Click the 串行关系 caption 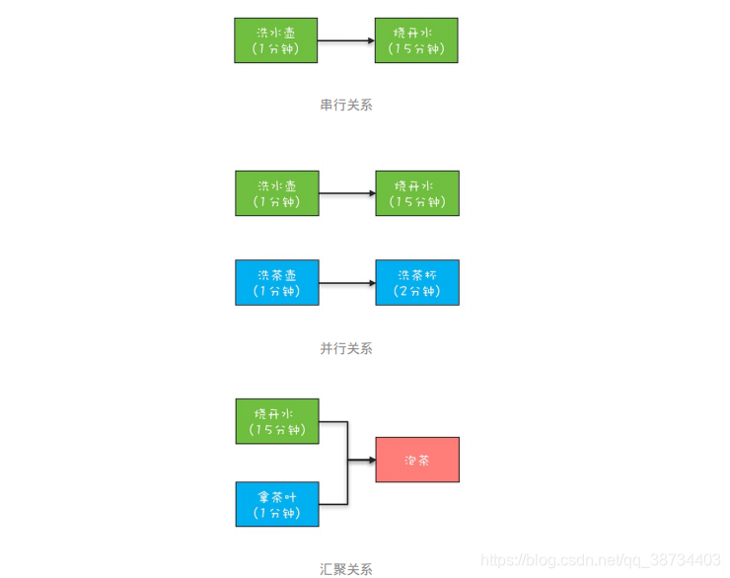tap(346, 105)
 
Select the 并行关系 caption tap(346, 348)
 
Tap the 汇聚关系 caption tap(346, 568)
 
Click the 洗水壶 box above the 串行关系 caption tap(276, 40)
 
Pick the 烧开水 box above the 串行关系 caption tap(416, 40)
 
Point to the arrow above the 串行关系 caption tap(346, 40)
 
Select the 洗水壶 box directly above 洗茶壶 tap(277, 193)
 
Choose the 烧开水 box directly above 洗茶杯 tap(417, 193)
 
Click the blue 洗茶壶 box tap(277, 282)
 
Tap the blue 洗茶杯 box tap(417, 282)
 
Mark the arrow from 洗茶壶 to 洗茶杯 tap(347, 282)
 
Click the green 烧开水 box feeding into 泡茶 tap(277, 421)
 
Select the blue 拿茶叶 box tap(277, 504)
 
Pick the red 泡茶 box tap(417, 460)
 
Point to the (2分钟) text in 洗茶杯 tap(417, 291)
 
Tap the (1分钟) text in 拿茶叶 tap(277, 513)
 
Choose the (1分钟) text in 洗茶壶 tap(277, 291)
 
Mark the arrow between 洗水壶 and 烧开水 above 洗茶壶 tap(347, 193)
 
